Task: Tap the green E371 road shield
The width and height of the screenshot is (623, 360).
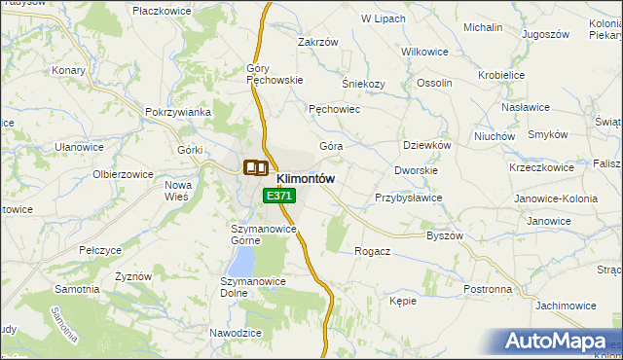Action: click(x=278, y=196)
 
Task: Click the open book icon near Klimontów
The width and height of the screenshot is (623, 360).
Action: click(x=255, y=167)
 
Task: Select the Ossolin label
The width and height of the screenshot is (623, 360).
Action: click(x=434, y=84)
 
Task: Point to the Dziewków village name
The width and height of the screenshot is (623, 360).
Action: click(x=427, y=145)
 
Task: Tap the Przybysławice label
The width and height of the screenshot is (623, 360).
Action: click(x=409, y=198)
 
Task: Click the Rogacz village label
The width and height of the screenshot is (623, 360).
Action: click(x=373, y=251)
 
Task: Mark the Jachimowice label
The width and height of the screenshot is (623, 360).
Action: click(x=565, y=306)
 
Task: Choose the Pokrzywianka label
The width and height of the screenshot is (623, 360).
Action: click(x=178, y=112)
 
